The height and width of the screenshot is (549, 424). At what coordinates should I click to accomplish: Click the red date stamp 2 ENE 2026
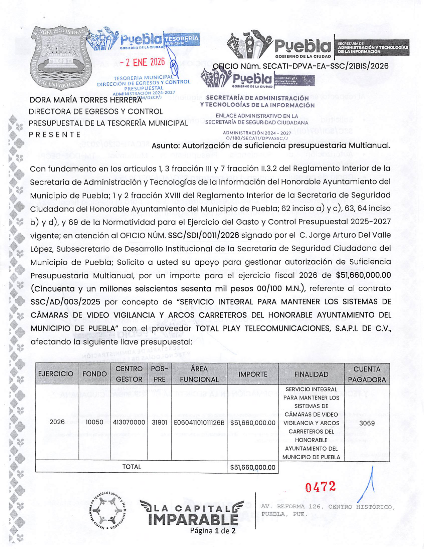tap(143, 62)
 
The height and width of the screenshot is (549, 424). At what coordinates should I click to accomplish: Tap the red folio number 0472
tap(320, 487)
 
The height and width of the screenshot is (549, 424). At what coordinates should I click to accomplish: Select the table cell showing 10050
tap(94, 422)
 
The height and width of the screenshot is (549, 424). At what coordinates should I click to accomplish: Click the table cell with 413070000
tap(129, 422)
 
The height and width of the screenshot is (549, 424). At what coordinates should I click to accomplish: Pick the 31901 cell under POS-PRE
tap(159, 422)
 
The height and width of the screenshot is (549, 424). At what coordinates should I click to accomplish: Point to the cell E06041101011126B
tap(199, 423)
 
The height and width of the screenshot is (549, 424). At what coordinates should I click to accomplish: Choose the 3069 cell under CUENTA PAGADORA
tap(367, 423)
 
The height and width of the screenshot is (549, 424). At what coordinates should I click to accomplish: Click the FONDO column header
tap(94, 374)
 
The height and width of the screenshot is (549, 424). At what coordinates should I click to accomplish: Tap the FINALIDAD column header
tap(311, 374)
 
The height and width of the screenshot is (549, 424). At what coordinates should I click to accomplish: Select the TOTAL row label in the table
tap(132, 467)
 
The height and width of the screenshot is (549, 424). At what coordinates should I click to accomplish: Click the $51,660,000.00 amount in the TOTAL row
tap(253, 467)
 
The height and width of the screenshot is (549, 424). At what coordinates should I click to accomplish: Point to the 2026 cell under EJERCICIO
tap(57, 422)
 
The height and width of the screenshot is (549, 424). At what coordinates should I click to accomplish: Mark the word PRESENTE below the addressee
tap(55, 134)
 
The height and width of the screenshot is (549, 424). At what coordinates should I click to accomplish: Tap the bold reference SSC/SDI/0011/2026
tap(203, 235)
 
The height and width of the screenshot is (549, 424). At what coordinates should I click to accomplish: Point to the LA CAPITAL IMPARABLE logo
tap(192, 512)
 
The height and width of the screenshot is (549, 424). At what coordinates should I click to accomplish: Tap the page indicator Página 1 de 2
tap(213, 531)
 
